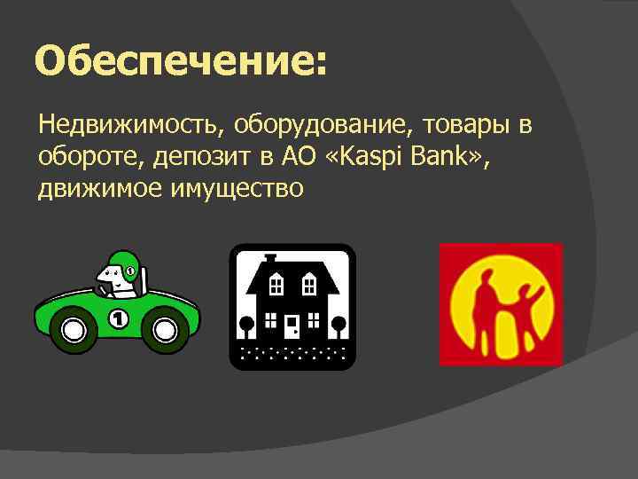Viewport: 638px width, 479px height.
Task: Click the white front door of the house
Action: click(292, 327)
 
